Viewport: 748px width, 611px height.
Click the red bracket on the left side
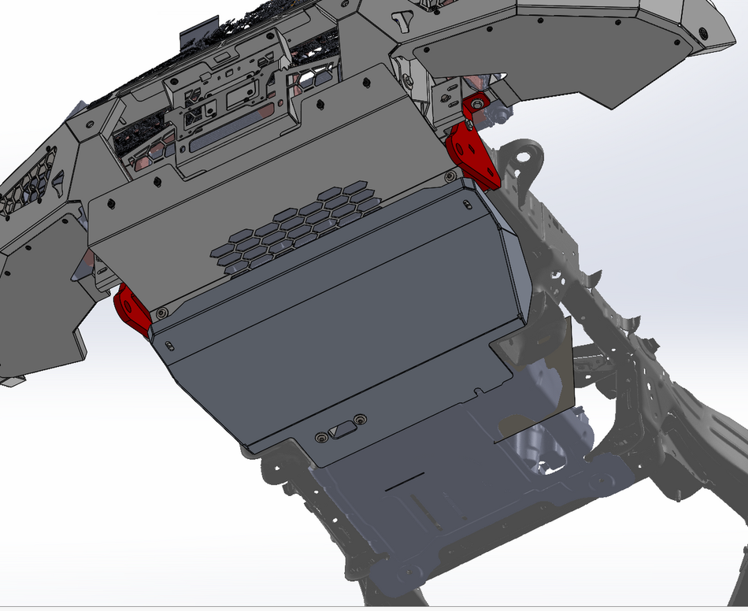point(133,309)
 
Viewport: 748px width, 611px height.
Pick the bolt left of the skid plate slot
point(321,436)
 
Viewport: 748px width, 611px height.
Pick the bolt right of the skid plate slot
point(361,419)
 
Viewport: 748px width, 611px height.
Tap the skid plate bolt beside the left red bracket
point(161,313)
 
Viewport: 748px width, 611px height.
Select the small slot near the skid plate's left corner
point(169,343)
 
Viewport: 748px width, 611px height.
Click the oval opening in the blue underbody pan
point(551,457)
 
